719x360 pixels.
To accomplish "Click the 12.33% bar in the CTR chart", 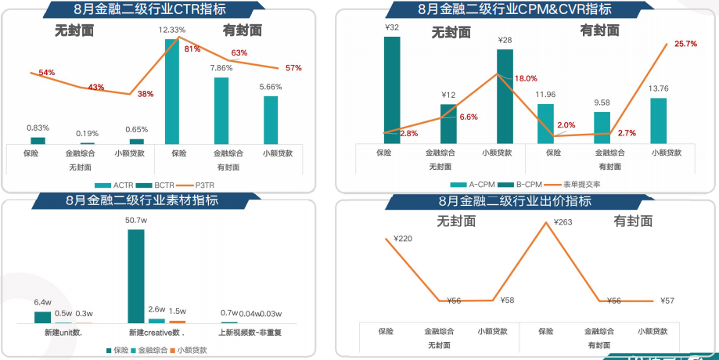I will click(172, 90).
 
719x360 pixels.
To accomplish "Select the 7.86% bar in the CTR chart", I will click(221, 110).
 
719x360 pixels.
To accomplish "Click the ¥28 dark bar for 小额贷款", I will click(505, 96).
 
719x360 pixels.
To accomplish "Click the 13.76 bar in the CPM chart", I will click(659, 121).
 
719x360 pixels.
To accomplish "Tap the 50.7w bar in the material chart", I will click(135, 275).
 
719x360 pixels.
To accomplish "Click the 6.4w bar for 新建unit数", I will click(43, 317).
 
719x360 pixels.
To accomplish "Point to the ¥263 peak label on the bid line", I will click(563, 222).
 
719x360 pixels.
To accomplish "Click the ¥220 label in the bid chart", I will click(402, 238).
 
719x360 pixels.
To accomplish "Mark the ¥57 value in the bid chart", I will click(667, 300).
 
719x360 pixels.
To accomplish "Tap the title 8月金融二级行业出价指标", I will click(525, 201).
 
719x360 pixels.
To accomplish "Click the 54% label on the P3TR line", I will click(46, 73).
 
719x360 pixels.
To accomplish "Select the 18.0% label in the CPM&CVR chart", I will click(526, 78).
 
